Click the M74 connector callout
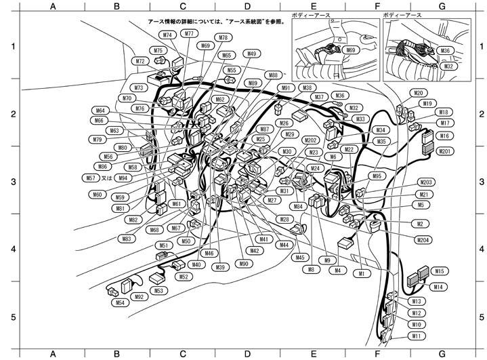[x=167, y=35]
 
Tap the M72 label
[x=140, y=61]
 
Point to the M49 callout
[x=251, y=54]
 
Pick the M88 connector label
[x=272, y=75]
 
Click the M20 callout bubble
[x=419, y=93]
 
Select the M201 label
[x=445, y=151]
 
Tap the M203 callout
[x=426, y=182]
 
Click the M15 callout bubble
[x=439, y=271]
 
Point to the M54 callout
[x=119, y=302]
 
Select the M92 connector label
[x=140, y=296]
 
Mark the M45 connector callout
[x=300, y=257]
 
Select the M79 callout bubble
[x=97, y=140]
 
